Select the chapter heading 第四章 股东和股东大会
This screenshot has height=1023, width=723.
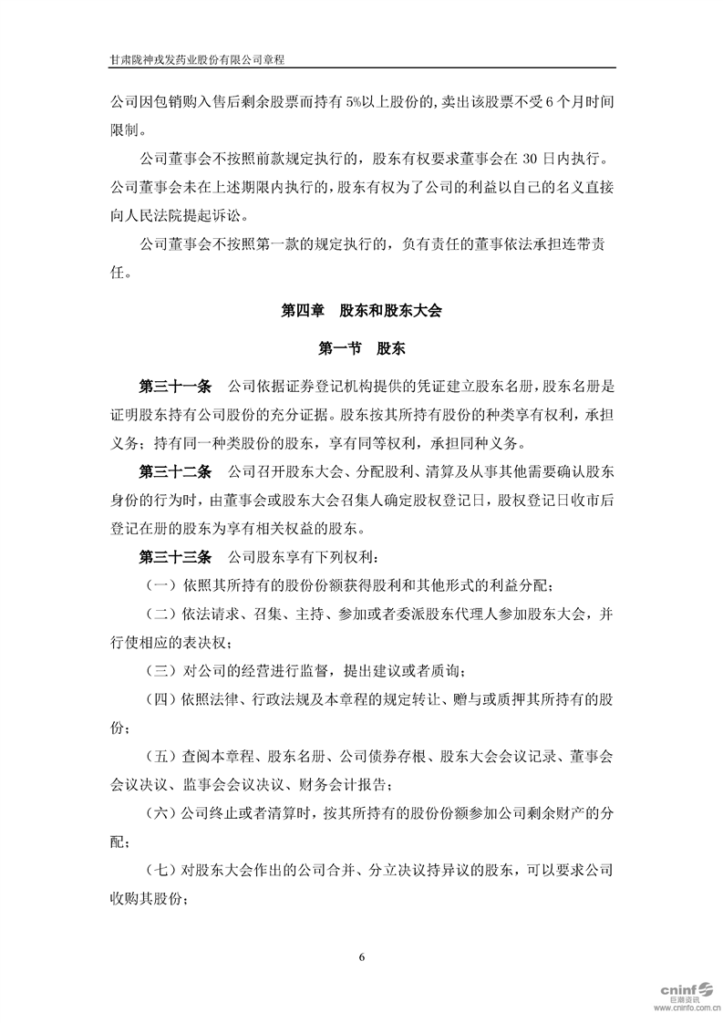[x=362, y=311]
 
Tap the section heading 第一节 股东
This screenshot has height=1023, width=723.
[x=362, y=348]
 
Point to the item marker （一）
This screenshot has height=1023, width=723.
[x=160, y=584]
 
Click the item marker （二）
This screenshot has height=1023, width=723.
[x=160, y=612]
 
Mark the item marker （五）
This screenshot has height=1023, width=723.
[x=160, y=758]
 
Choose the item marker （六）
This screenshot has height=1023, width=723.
[x=160, y=815]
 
